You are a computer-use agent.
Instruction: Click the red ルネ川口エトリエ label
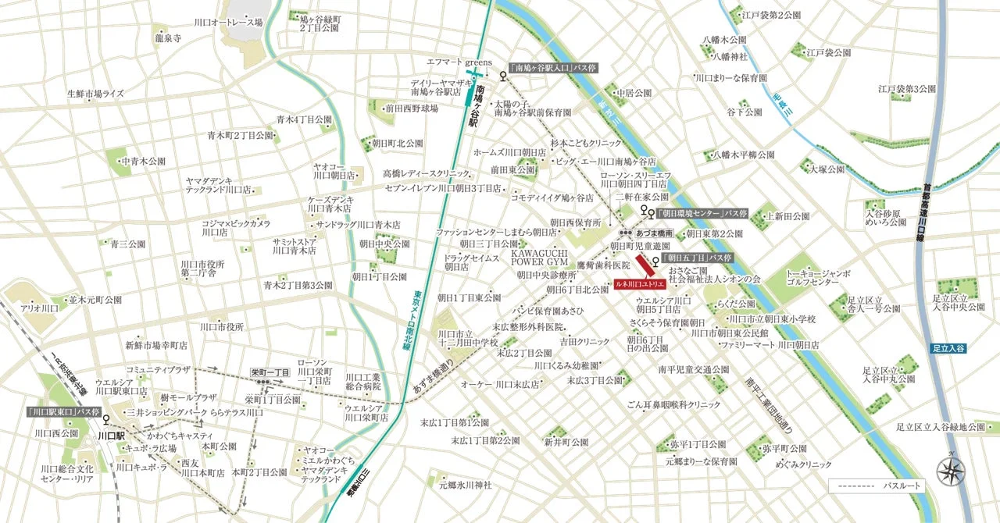[638, 284]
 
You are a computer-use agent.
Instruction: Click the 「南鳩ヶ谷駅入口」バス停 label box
[552, 69]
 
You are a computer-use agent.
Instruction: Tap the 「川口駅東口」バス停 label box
[64, 411]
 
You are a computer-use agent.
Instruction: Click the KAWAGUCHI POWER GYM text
[539, 258]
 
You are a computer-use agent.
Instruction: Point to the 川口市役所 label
[222, 326]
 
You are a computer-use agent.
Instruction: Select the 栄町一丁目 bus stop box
[270, 373]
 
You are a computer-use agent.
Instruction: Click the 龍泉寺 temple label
[168, 37]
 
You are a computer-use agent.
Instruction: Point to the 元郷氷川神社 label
[465, 485]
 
